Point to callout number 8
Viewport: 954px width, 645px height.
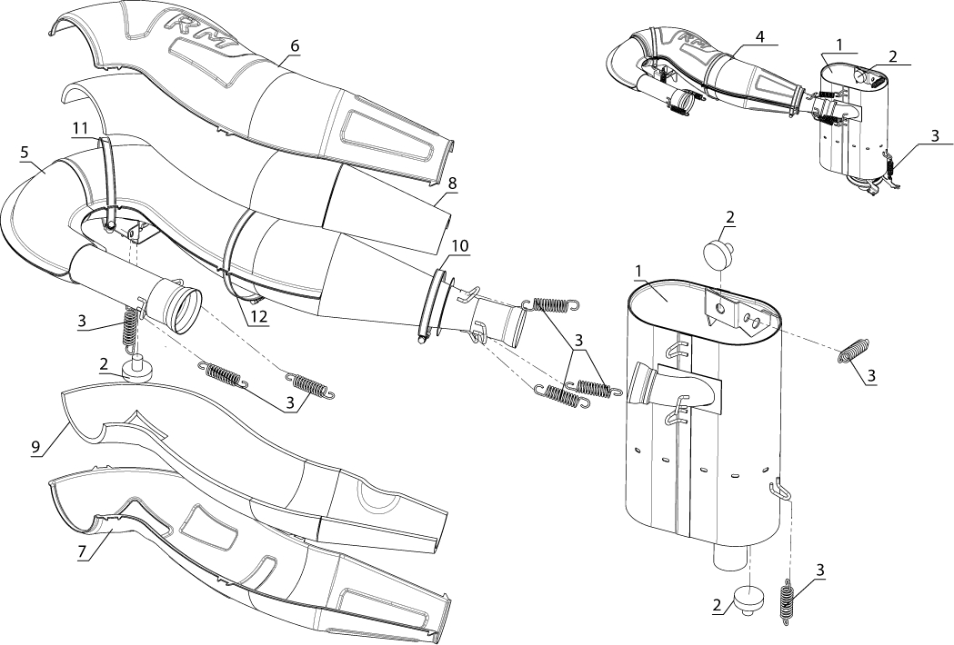tap(452, 183)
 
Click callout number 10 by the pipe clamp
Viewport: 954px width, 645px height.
tap(460, 245)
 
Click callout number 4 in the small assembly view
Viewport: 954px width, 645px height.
tap(759, 36)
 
